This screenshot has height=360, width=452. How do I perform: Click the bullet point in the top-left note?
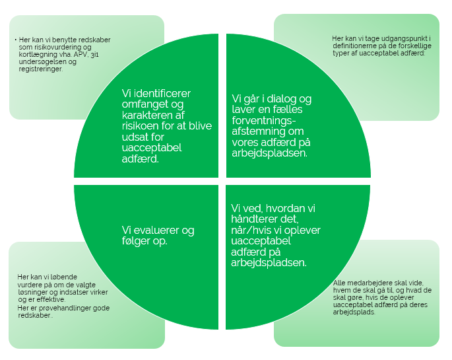pos(15,40)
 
